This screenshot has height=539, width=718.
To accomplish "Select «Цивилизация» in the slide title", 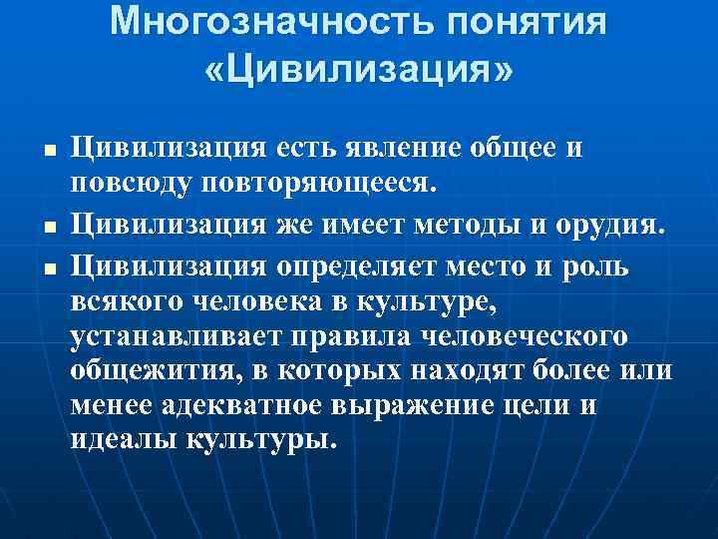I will point(359,69).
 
